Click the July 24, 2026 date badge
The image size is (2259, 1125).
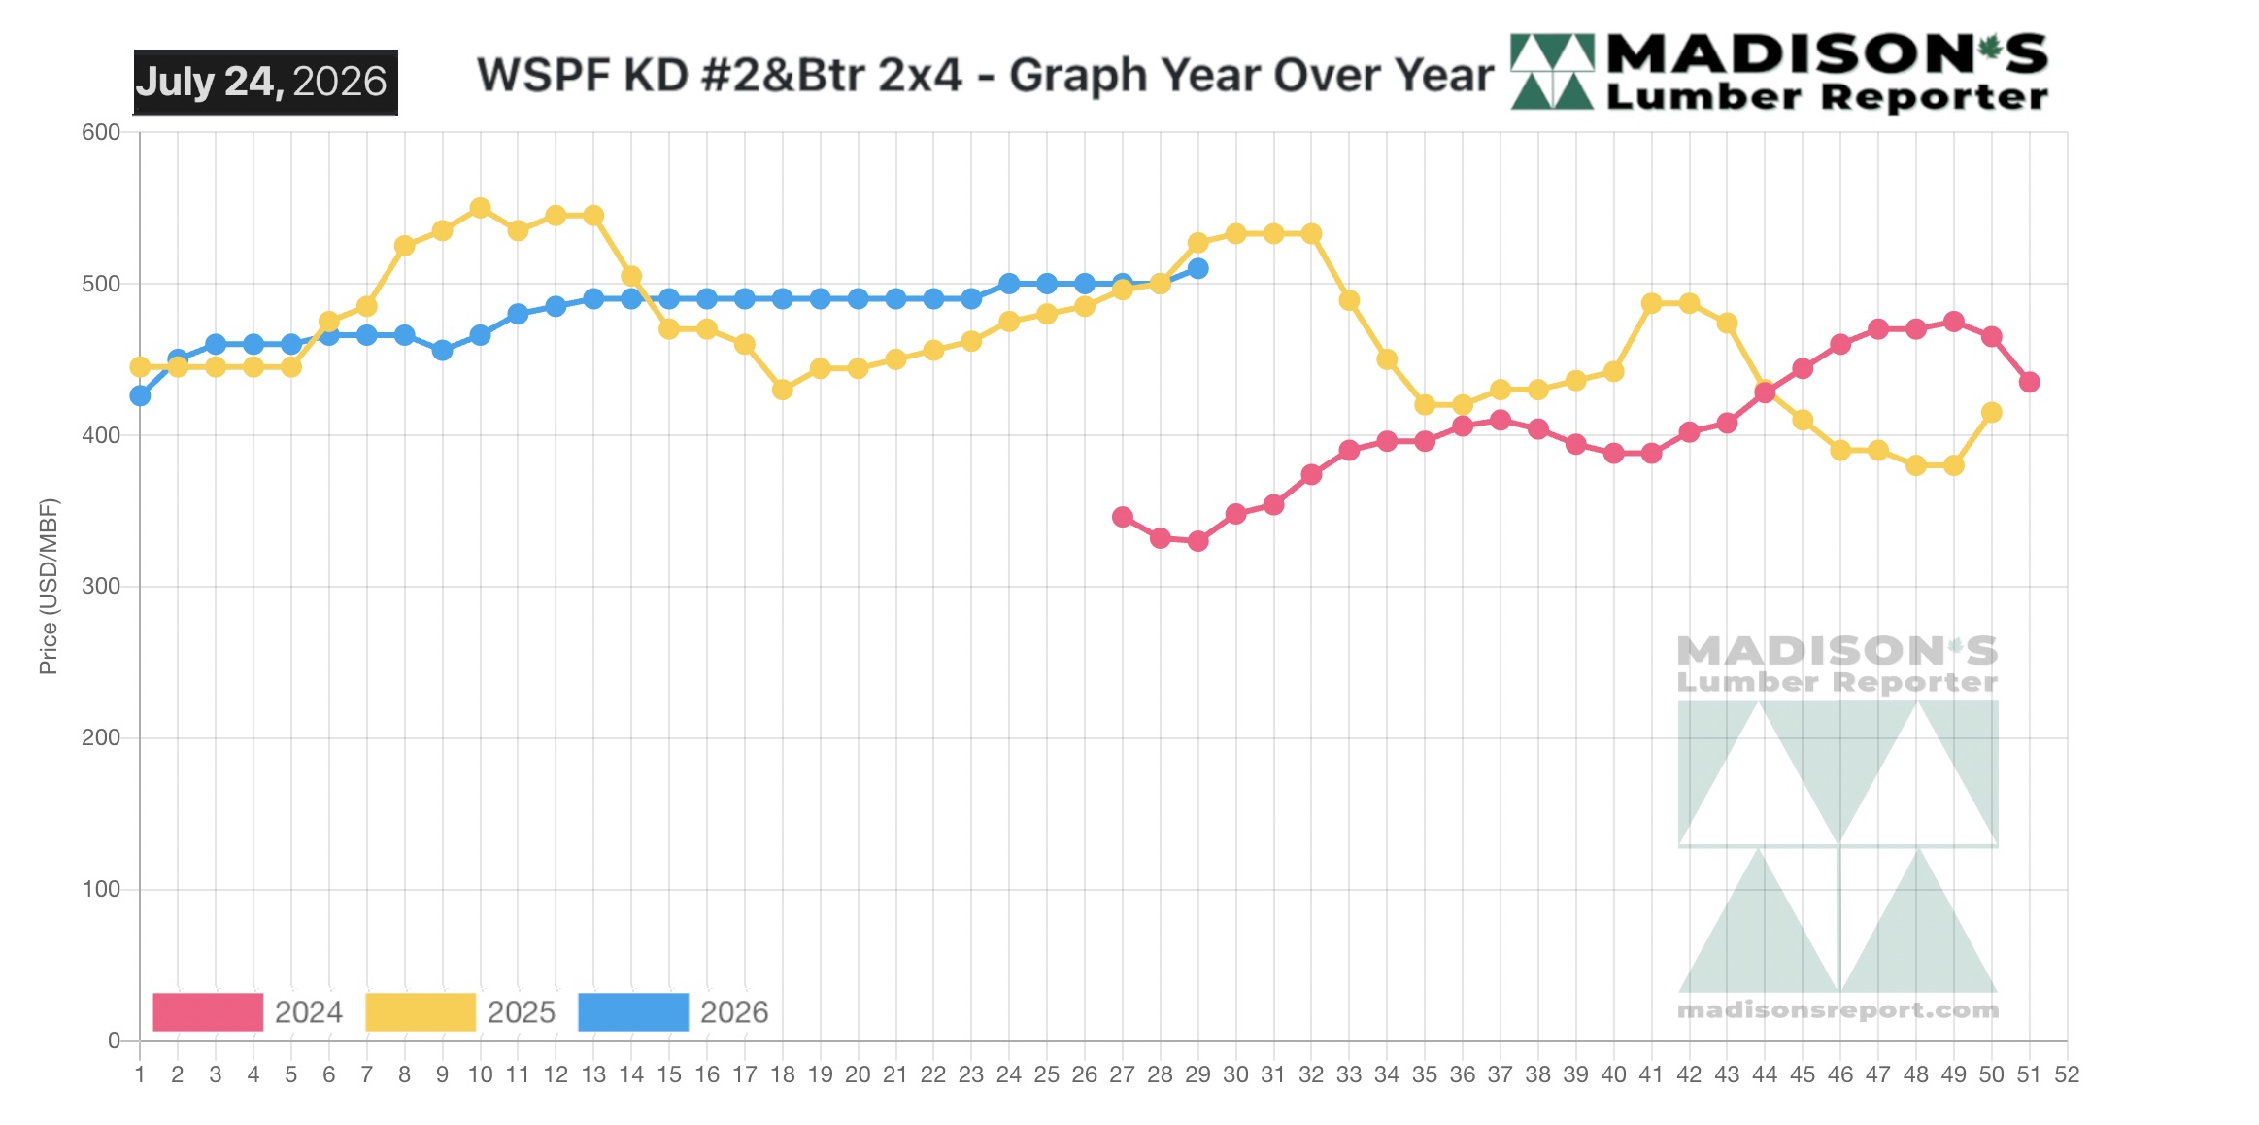(265, 83)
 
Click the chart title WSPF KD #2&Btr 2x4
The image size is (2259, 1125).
(719, 75)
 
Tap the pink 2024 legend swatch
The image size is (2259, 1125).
(208, 1012)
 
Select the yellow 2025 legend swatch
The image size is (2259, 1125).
(421, 1012)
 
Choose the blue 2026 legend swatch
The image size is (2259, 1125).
(633, 1012)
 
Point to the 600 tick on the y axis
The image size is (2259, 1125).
(101, 132)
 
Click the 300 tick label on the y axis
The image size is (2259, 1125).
(101, 586)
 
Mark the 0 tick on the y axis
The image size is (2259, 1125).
(114, 1040)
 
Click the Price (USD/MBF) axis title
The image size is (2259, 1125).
(49, 586)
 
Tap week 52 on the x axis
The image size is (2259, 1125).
(2067, 1074)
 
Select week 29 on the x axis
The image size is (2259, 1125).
(1197, 1074)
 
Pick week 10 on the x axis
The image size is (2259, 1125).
(480, 1074)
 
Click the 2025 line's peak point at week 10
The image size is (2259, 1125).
(480, 208)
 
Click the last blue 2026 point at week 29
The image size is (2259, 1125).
(1198, 268)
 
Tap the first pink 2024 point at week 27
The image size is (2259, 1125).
(1123, 517)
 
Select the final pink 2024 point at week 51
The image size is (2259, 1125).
(2029, 382)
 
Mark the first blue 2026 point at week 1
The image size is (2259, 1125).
(140, 395)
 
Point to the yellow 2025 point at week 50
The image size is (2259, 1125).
(1991, 413)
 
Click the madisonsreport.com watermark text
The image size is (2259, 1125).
(1838, 1010)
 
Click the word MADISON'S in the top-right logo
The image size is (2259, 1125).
(1827, 54)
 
